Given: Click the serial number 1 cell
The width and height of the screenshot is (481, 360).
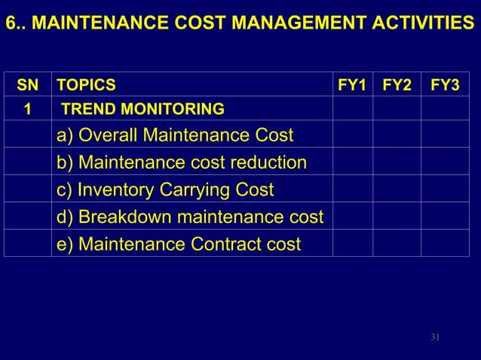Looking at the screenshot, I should (28, 110).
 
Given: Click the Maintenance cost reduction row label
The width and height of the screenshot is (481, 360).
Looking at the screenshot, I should (182, 162).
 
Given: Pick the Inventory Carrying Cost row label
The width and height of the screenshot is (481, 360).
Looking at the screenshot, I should (165, 189).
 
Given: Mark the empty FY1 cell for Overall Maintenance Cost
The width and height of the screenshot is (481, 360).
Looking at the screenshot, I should (353, 136).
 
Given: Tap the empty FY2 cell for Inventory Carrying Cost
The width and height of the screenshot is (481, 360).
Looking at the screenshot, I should (397, 189).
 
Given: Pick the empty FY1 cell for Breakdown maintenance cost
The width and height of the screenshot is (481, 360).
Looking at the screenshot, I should (353, 217).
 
